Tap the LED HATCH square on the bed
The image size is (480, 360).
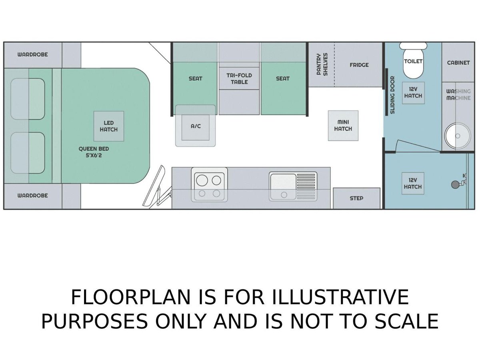coord(109,126)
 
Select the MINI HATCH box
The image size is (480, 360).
coord(343,126)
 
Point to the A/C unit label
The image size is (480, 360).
coord(196,126)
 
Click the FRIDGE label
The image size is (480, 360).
coord(359,65)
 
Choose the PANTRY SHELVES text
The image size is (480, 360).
coord(322,64)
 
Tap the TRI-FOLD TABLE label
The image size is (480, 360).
coord(239,79)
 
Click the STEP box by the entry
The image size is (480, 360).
coord(356,198)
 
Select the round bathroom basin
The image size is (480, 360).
coord(458,136)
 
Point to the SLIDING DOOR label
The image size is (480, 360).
coord(392,95)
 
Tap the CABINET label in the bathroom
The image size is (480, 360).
coord(458,63)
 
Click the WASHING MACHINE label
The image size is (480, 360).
coord(458,95)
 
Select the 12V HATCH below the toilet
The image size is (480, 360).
coord(413,93)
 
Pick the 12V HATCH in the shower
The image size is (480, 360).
coord(413,183)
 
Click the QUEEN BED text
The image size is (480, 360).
coord(94,149)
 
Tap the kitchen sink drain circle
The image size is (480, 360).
coord(284,194)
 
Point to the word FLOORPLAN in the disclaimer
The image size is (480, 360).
coord(130,297)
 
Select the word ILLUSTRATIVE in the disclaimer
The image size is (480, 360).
coord(340,297)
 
